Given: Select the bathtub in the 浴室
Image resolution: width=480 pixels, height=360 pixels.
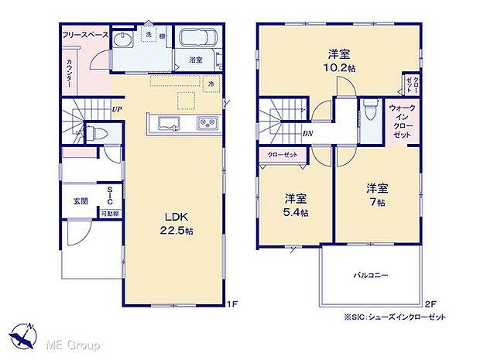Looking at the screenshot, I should click(x=201, y=41).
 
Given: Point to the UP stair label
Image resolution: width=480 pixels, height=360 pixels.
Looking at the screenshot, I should click(x=116, y=109).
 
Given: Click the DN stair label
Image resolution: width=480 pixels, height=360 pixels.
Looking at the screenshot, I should click(x=307, y=133).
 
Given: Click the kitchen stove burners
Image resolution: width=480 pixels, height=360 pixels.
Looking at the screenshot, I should click(x=207, y=124).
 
